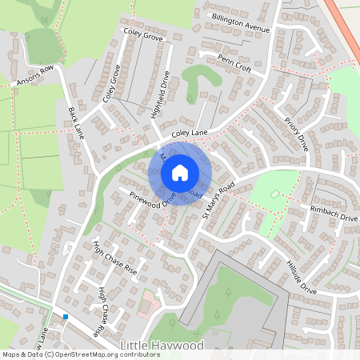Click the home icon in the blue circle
click(180, 172)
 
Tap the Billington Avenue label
click(241, 22)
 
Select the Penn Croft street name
click(234, 64)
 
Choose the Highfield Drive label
click(160, 95)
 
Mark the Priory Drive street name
click(296, 133)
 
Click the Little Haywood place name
click(161, 346)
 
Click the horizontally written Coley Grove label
click(143, 36)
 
